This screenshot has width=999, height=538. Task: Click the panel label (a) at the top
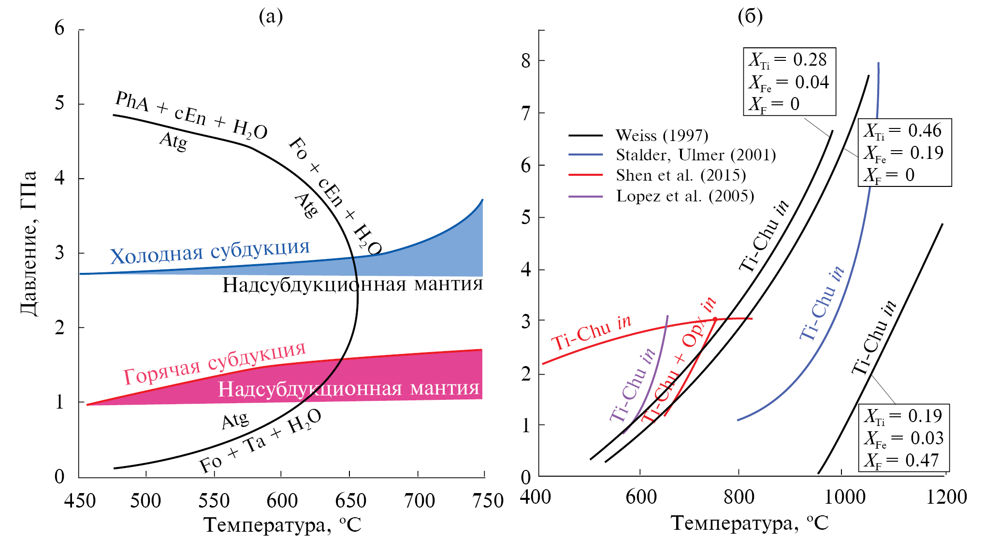[x=271, y=17]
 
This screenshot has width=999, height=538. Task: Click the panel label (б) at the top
[x=750, y=17]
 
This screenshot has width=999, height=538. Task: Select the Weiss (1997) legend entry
[x=661, y=136]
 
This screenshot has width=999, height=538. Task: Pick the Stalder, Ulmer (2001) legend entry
[x=695, y=155]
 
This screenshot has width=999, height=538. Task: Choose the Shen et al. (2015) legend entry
[x=680, y=175]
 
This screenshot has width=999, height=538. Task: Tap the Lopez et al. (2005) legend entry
[x=685, y=196]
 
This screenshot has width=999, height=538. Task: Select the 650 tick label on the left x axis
[x=350, y=501]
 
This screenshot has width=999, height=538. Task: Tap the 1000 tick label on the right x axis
[x=844, y=497]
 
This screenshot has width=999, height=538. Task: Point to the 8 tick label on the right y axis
[x=526, y=61]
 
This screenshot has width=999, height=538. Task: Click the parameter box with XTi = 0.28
[x=789, y=82]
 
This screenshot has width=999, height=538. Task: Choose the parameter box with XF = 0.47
[x=904, y=438]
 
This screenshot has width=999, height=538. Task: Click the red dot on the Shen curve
[x=715, y=319]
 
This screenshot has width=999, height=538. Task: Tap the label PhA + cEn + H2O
[x=191, y=116]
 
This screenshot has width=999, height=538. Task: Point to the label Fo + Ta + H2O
[x=260, y=441]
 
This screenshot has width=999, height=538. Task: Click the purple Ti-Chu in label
[x=632, y=385]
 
